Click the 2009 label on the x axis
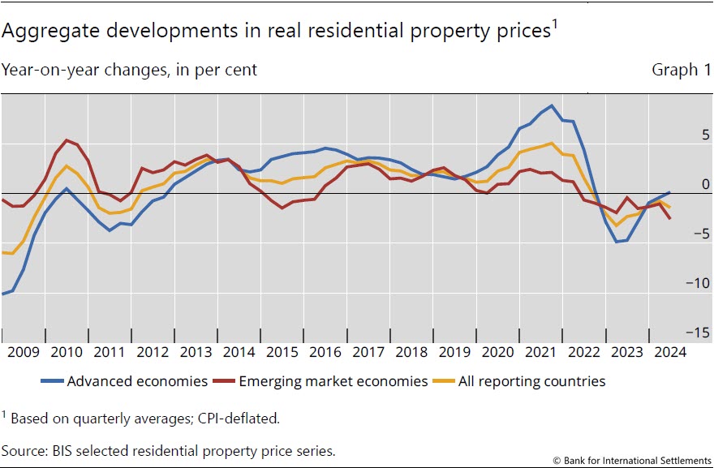click(24, 352)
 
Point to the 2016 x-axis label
click(326, 352)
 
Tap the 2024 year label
click(670, 352)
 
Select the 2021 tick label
click(541, 352)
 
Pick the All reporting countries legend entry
click(531, 381)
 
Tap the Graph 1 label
click(675, 70)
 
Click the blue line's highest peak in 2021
click(553, 105)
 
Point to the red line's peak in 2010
click(66, 140)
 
